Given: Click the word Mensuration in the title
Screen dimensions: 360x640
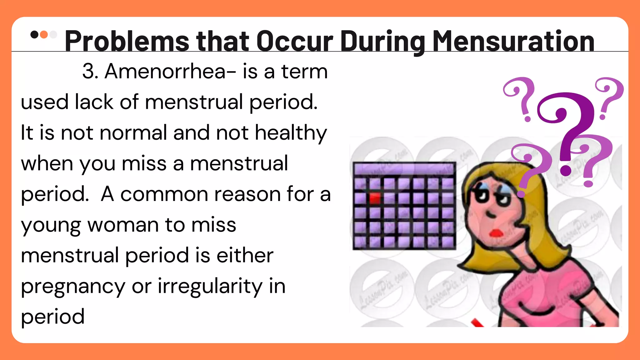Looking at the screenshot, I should [513, 41].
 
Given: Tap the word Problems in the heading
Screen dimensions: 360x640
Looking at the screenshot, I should [127, 41].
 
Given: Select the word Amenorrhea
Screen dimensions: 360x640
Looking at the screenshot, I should [165, 72].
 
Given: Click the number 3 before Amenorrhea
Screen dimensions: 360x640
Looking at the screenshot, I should [89, 72].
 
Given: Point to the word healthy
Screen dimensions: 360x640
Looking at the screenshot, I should [291, 133].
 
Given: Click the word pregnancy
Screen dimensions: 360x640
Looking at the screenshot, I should [73, 287].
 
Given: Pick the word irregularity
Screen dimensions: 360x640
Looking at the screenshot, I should [210, 287].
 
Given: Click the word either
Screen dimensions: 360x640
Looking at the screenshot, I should [245, 256].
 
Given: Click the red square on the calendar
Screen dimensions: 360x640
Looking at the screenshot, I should [375, 198].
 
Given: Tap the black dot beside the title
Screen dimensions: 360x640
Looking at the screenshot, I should [34, 34].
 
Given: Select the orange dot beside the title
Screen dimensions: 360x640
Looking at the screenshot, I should [44, 34].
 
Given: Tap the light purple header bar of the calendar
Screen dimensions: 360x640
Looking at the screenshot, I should [404, 169].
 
